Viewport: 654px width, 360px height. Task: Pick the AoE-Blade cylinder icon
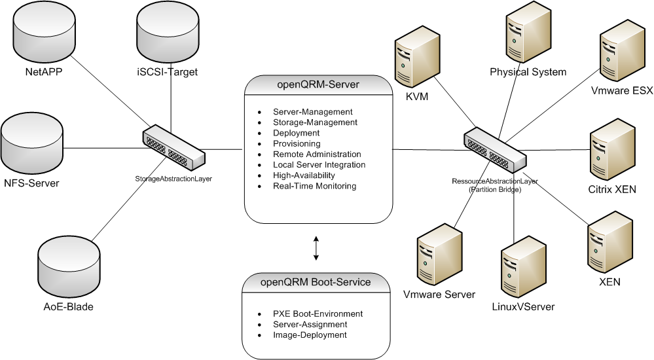65,266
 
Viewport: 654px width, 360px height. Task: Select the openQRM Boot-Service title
316,283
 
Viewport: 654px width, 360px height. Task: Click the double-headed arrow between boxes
316,248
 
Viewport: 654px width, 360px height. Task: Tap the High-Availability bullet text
304,175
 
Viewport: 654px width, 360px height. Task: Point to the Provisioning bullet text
297,143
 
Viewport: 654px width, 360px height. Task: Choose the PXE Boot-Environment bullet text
318,314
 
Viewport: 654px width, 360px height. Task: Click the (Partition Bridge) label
494,189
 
